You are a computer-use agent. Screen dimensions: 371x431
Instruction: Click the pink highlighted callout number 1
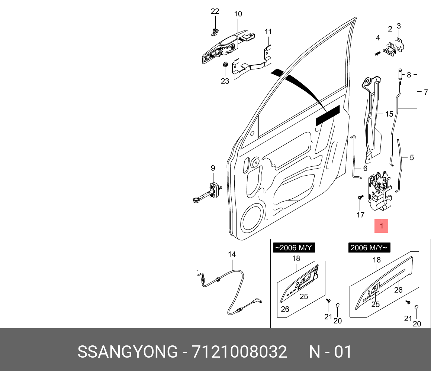(x=381, y=226)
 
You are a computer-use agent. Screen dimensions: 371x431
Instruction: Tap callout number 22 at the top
(x=215, y=12)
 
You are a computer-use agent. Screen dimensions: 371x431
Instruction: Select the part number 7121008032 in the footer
(x=239, y=352)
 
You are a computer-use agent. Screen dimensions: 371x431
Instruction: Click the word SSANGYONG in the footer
(x=128, y=352)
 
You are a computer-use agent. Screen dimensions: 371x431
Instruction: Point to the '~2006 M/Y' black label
(x=294, y=248)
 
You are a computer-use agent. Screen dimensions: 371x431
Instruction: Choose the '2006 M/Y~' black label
(x=369, y=248)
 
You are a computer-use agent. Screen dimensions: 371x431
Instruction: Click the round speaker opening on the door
(x=253, y=222)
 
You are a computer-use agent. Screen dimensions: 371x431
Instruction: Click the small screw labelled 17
(x=360, y=198)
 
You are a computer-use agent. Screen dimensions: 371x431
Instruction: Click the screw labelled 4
(x=377, y=53)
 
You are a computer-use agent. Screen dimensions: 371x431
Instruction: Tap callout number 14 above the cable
(x=232, y=255)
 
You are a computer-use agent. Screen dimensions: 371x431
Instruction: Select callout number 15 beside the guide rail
(x=389, y=114)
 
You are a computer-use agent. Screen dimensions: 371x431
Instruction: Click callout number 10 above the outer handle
(x=238, y=14)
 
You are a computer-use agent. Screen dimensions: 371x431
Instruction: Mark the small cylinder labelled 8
(x=400, y=74)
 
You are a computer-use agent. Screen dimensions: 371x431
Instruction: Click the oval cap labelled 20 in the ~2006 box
(x=338, y=305)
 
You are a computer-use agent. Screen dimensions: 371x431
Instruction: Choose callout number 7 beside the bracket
(x=426, y=92)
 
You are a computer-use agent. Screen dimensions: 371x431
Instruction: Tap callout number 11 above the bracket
(x=268, y=32)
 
